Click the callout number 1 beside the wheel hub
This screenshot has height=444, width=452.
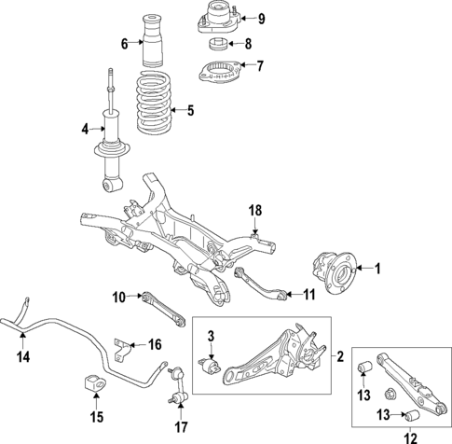coord(377,270)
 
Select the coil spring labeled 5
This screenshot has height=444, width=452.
coord(154,107)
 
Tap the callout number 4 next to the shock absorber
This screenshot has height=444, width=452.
coord(85,129)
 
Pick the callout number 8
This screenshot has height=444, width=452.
coord(247,43)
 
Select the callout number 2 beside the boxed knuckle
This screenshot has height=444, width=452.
coord(340,355)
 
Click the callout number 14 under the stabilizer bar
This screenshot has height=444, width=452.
coord(23,355)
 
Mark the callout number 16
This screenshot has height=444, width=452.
coord(155,344)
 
